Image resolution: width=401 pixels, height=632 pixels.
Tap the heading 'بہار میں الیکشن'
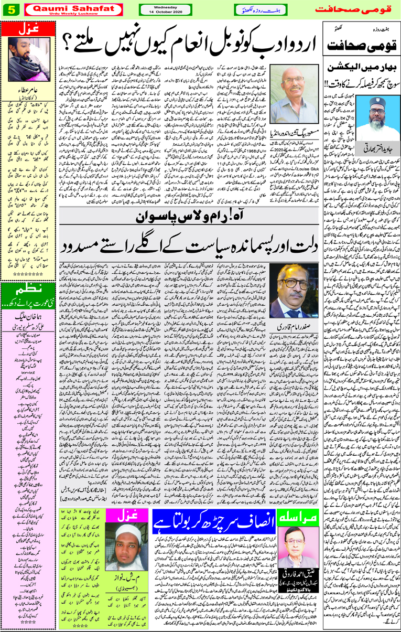pyautogui.click(x=361, y=69)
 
